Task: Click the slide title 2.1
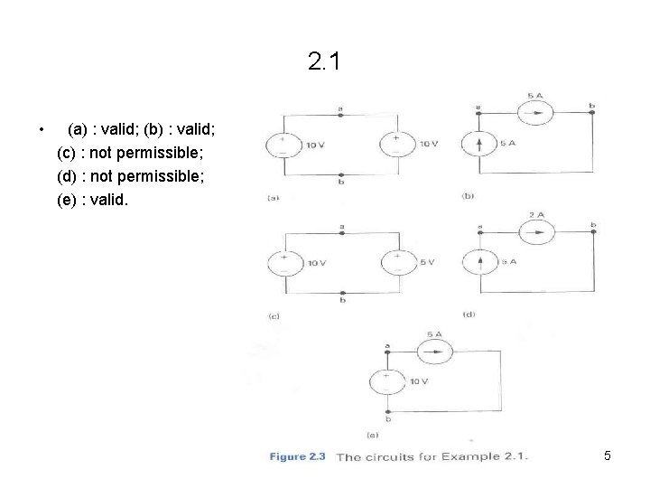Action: click(325, 62)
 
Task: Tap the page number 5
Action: click(608, 456)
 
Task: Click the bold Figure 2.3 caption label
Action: click(297, 456)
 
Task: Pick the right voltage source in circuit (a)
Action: click(394, 145)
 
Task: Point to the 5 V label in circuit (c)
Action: click(427, 262)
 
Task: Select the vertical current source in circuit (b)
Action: click(478, 143)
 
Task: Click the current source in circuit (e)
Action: click(436, 350)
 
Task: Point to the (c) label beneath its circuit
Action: click(273, 316)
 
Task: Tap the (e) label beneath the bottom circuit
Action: click(371, 435)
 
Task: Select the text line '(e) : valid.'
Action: click(93, 201)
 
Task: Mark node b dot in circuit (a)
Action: click(340, 175)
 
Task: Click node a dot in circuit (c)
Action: click(340, 232)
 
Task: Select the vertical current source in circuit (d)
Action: click(478, 262)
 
